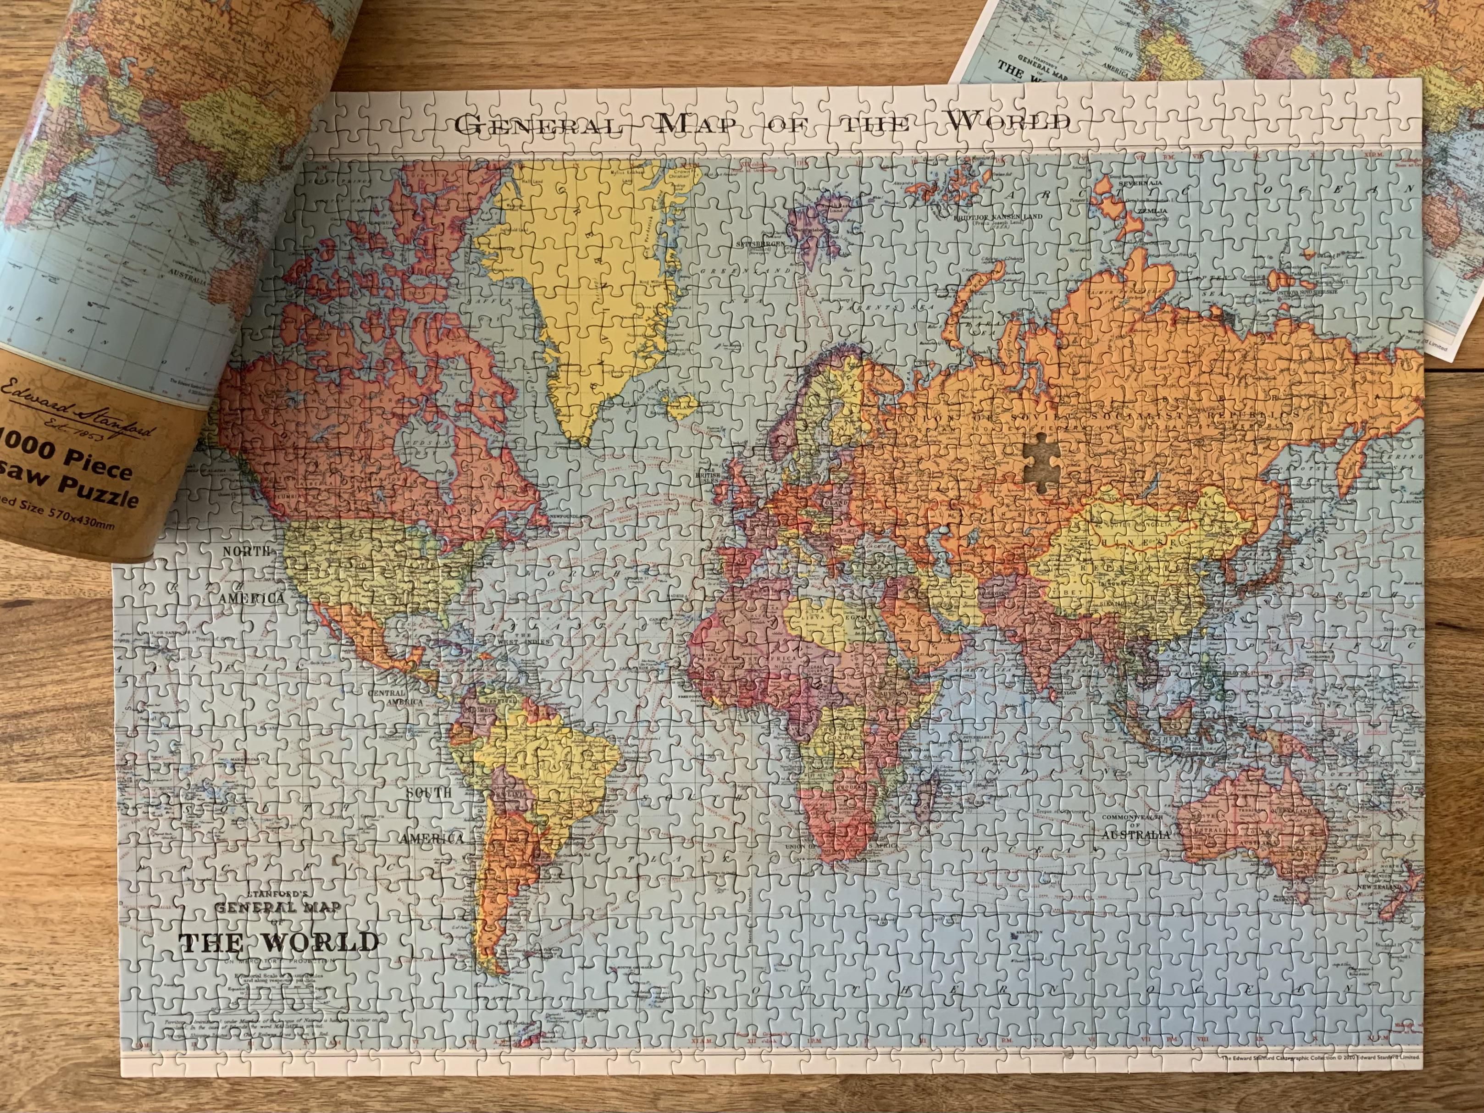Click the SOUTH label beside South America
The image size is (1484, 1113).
coord(428,792)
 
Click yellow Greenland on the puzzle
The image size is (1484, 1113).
coord(590,282)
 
